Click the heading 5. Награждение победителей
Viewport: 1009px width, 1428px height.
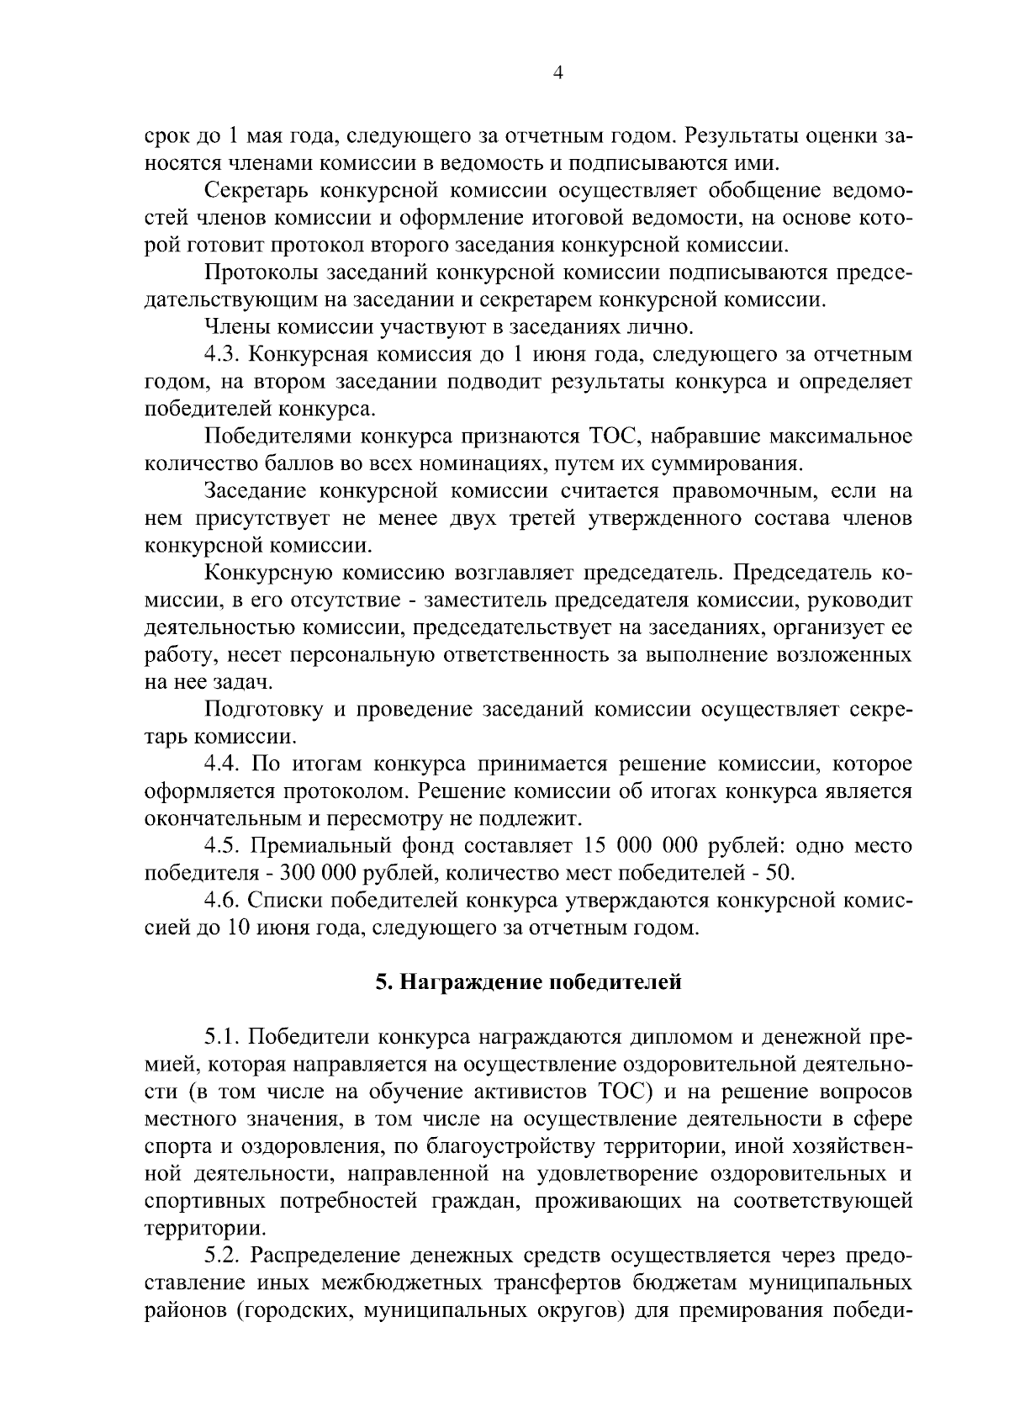[x=528, y=981]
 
